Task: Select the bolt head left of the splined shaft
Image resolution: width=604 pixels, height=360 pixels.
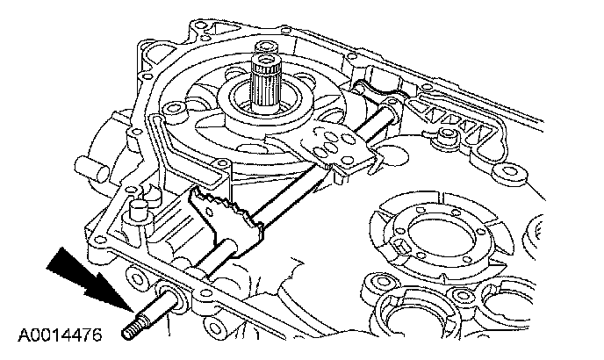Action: (x=175, y=109)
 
